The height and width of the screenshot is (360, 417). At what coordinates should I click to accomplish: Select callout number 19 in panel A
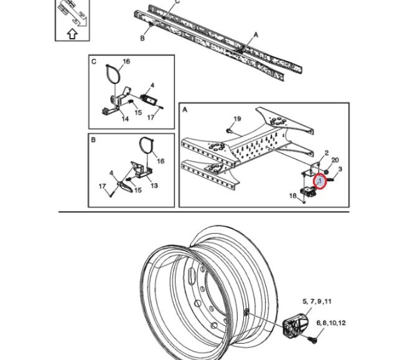(237, 119)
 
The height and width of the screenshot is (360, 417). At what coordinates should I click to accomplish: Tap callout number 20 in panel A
(335, 160)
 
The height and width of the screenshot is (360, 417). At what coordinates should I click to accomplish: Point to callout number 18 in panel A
(293, 196)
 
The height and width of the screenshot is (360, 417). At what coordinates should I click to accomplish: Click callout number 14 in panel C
(125, 118)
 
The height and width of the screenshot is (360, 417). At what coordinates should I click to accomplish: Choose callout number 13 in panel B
(154, 185)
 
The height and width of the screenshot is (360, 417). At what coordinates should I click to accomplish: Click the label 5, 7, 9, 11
(317, 301)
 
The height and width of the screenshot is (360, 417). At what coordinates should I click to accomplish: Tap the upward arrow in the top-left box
(72, 34)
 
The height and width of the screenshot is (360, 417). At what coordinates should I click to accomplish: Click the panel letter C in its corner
(94, 62)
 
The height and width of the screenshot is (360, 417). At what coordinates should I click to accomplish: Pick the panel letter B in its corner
(93, 140)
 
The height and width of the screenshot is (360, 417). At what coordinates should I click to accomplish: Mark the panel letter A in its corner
(185, 109)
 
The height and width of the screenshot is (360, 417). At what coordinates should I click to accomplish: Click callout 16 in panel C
(126, 62)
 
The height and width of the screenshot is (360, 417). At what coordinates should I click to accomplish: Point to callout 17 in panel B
(104, 186)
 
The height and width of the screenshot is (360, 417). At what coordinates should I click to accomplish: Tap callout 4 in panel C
(152, 85)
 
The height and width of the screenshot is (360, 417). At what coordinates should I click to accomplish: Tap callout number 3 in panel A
(340, 169)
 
